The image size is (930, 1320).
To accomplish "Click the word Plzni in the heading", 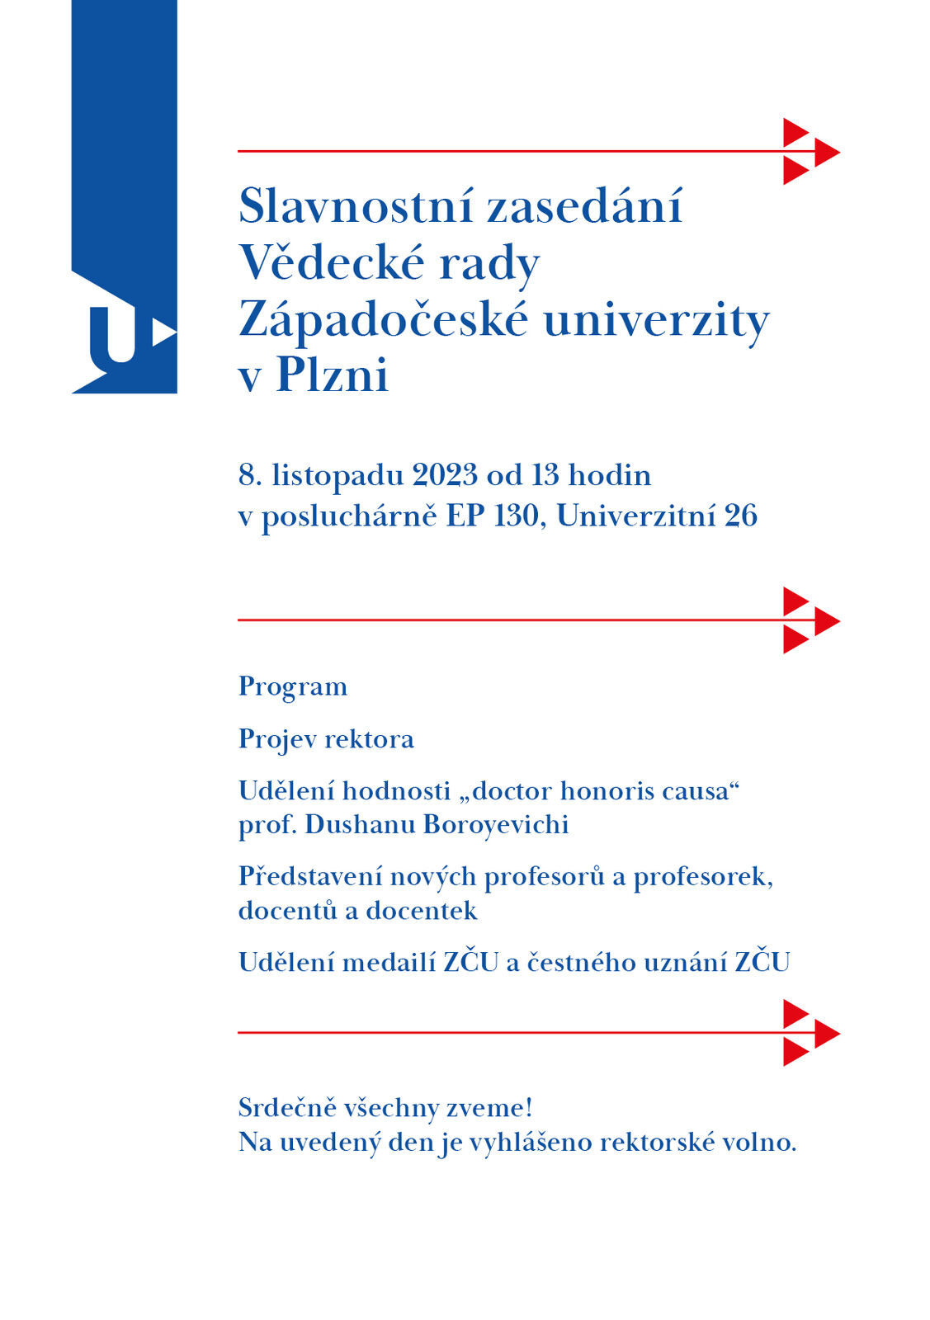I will coord(332,375).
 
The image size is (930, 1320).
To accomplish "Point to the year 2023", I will coord(445,475).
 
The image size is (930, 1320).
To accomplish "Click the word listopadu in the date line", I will coord(338,476).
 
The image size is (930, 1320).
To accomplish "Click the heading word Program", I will coord(293,687).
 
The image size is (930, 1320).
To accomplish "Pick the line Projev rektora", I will coord(326,739).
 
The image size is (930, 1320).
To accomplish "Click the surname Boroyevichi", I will coord(495,824).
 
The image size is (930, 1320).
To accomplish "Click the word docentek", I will coord(421,911).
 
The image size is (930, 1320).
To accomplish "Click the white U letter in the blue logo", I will coord(112,335).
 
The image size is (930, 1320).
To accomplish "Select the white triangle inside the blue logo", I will coord(163,333).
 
